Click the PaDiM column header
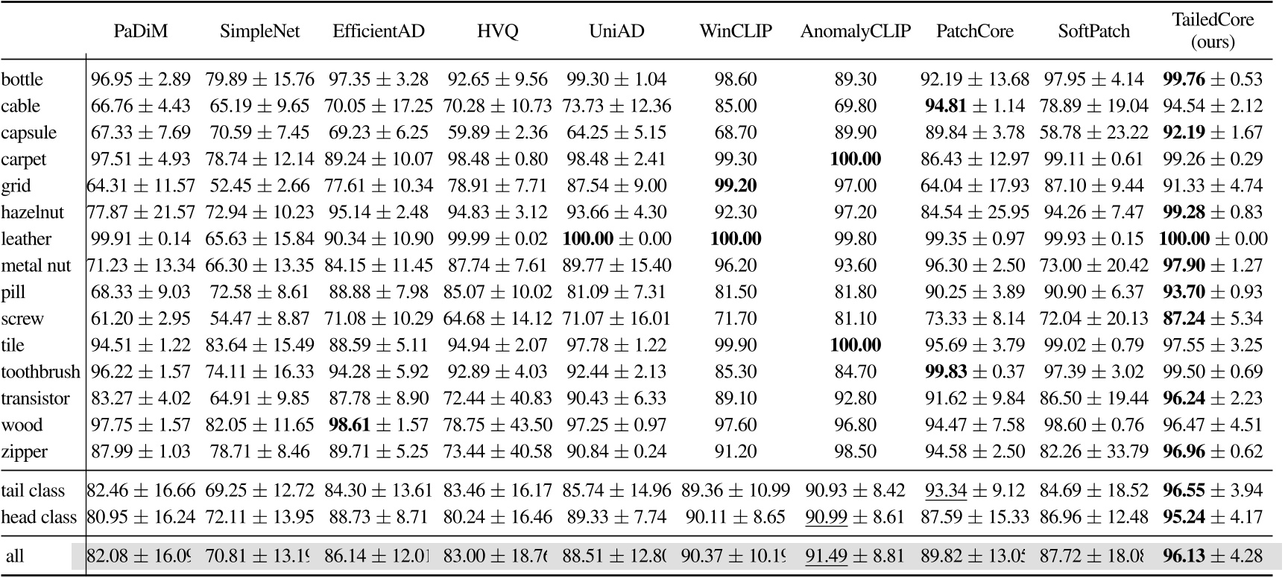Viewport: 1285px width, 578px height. [x=141, y=31]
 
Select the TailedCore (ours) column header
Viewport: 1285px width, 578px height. [x=1213, y=31]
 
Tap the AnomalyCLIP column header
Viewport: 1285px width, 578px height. [x=855, y=31]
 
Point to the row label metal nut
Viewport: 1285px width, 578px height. [x=36, y=265]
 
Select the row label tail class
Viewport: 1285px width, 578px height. [x=33, y=491]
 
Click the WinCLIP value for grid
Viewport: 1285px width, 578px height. [x=735, y=185]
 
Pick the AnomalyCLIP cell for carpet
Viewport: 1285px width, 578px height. [x=855, y=159]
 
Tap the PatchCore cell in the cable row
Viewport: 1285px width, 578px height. [x=975, y=106]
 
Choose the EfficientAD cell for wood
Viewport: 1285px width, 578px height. [x=379, y=425]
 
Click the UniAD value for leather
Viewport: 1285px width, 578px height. [x=616, y=239]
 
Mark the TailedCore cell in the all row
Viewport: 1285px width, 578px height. [x=1213, y=556]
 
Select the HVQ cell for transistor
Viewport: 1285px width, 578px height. [x=497, y=398]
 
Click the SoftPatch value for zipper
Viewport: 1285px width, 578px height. [x=1093, y=451]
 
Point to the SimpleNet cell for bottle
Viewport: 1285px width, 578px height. [x=259, y=79]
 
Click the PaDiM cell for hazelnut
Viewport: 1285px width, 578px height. [x=141, y=212]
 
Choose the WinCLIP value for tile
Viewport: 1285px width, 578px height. [x=735, y=345]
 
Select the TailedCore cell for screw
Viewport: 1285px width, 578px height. [x=1213, y=319]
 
